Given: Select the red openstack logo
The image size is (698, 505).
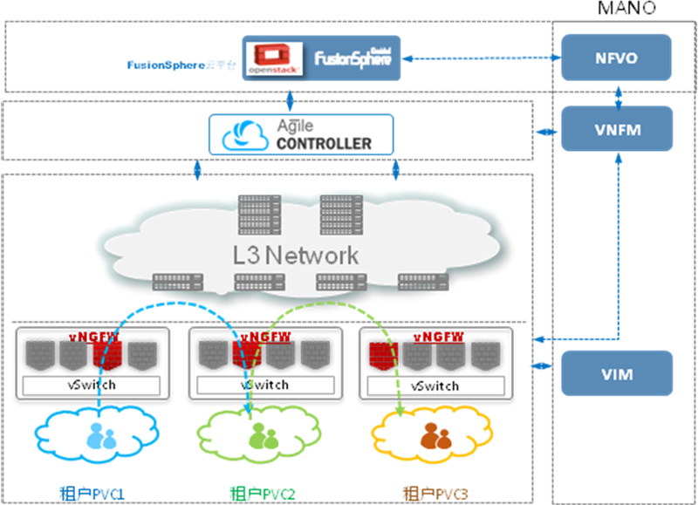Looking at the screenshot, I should coord(273,58).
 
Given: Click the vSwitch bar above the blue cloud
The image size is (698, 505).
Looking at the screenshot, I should coord(92,385).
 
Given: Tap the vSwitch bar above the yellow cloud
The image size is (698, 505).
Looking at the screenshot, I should coord(434,385).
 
